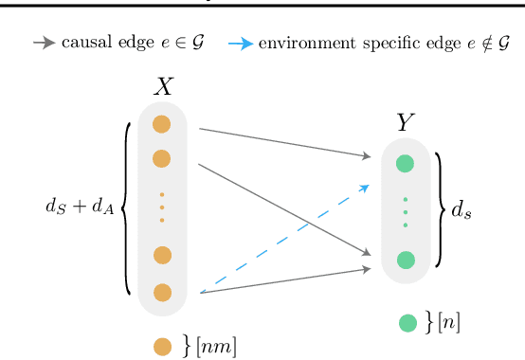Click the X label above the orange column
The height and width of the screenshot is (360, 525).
coord(164,87)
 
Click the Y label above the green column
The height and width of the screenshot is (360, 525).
coord(407,122)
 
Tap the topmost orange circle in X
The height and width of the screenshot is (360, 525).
coord(162,124)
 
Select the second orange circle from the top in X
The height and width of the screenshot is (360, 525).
coord(162,158)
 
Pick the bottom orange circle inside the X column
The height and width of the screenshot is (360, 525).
coord(162,293)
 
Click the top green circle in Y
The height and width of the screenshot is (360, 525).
coord(406,163)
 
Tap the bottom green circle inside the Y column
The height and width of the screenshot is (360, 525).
coord(406,259)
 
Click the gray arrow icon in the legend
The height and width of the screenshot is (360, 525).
coord(44,43)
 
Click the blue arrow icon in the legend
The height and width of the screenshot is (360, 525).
coord(241,44)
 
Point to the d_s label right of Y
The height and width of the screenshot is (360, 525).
coord(462,211)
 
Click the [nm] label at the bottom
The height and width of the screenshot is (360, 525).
coord(215,348)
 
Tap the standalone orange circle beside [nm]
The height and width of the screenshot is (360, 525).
coord(163,347)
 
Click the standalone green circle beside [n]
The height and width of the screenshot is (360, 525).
coord(407,323)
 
